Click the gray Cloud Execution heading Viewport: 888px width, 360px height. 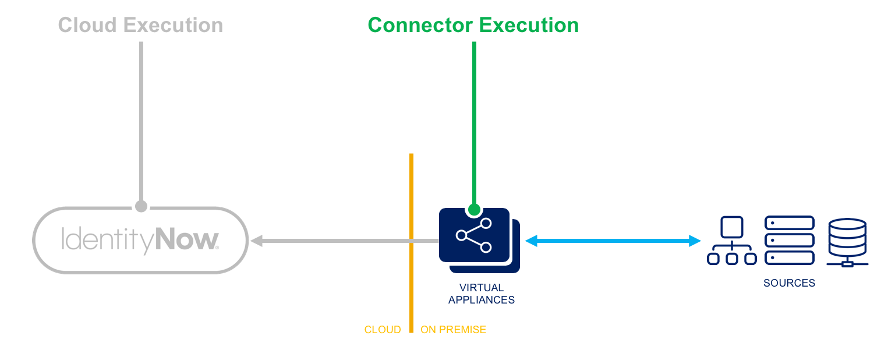(x=140, y=26)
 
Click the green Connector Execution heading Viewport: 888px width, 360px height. (x=473, y=26)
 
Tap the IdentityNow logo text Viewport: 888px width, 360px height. (x=140, y=240)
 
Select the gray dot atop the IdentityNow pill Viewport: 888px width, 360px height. (x=141, y=206)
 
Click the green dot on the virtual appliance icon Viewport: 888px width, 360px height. (x=474, y=209)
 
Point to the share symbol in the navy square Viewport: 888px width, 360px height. (x=474, y=235)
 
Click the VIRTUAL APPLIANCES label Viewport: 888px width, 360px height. (x=482, y=294)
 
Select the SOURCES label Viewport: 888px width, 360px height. (x=789, y=284)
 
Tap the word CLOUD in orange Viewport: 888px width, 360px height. (x=383, y=330)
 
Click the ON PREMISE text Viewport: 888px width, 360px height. (x=453, y=330)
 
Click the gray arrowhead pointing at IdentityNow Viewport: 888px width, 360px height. (x=256, y=241)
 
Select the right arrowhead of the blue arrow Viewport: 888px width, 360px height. (x=694, y=241)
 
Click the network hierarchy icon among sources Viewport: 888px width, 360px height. (x=731, y=241)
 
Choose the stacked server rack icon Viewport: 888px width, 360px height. (x=789, y=240)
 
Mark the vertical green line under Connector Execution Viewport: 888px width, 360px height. (x=474, y=117)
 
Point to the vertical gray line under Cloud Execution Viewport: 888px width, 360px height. (x=141, y=117)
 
